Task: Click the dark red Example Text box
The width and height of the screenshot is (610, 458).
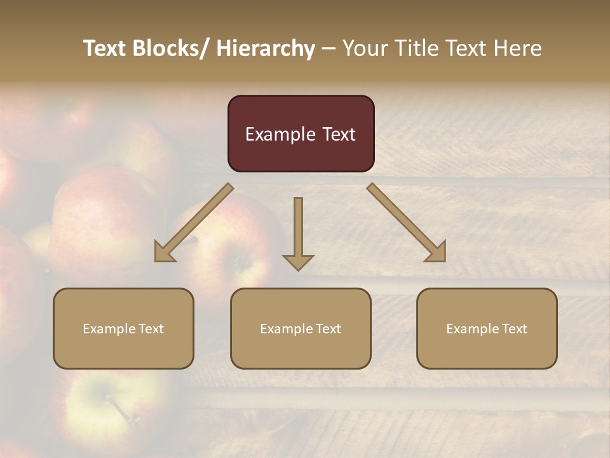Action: coord(301,134)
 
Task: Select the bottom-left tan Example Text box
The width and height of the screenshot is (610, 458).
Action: coord(123,328)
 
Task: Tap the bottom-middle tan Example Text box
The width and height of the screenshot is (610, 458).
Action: coord(301,328)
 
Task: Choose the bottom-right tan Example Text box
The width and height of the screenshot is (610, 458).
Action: coord(487,328)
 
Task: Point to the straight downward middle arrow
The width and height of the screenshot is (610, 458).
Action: coord(298,229)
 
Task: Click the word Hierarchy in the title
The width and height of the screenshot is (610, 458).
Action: coord(266,48)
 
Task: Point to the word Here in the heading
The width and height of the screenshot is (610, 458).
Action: coord(518,48)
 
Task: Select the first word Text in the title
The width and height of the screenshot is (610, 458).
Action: coord(106,48)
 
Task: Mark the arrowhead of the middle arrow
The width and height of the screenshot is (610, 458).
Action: coord(298,261)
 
